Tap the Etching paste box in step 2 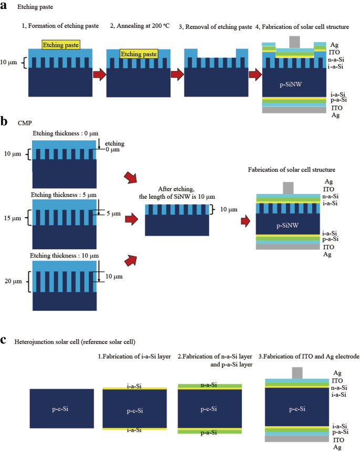(x=139, y=54)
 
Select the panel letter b (x=5, y=122)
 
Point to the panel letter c (x=4, y=340)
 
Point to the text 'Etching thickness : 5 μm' (x=65, y=195)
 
